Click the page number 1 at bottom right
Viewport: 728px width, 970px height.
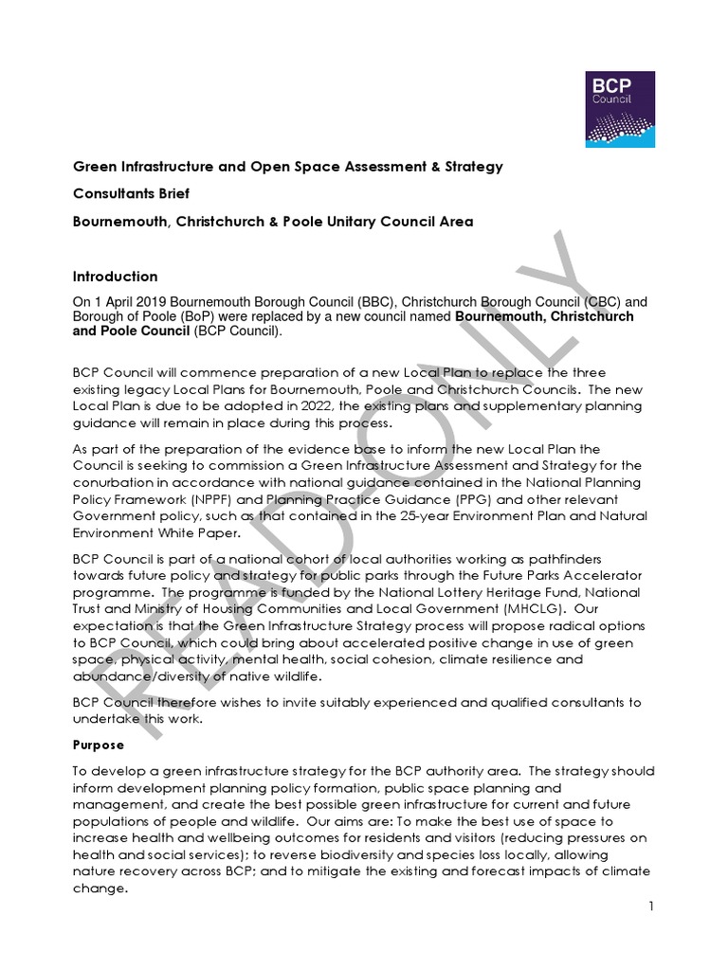coord(651,907)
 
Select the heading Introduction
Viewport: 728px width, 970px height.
coord(116,277)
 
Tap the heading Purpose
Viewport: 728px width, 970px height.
coord(100,745)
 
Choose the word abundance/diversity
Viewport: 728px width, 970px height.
coord(146,676)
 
